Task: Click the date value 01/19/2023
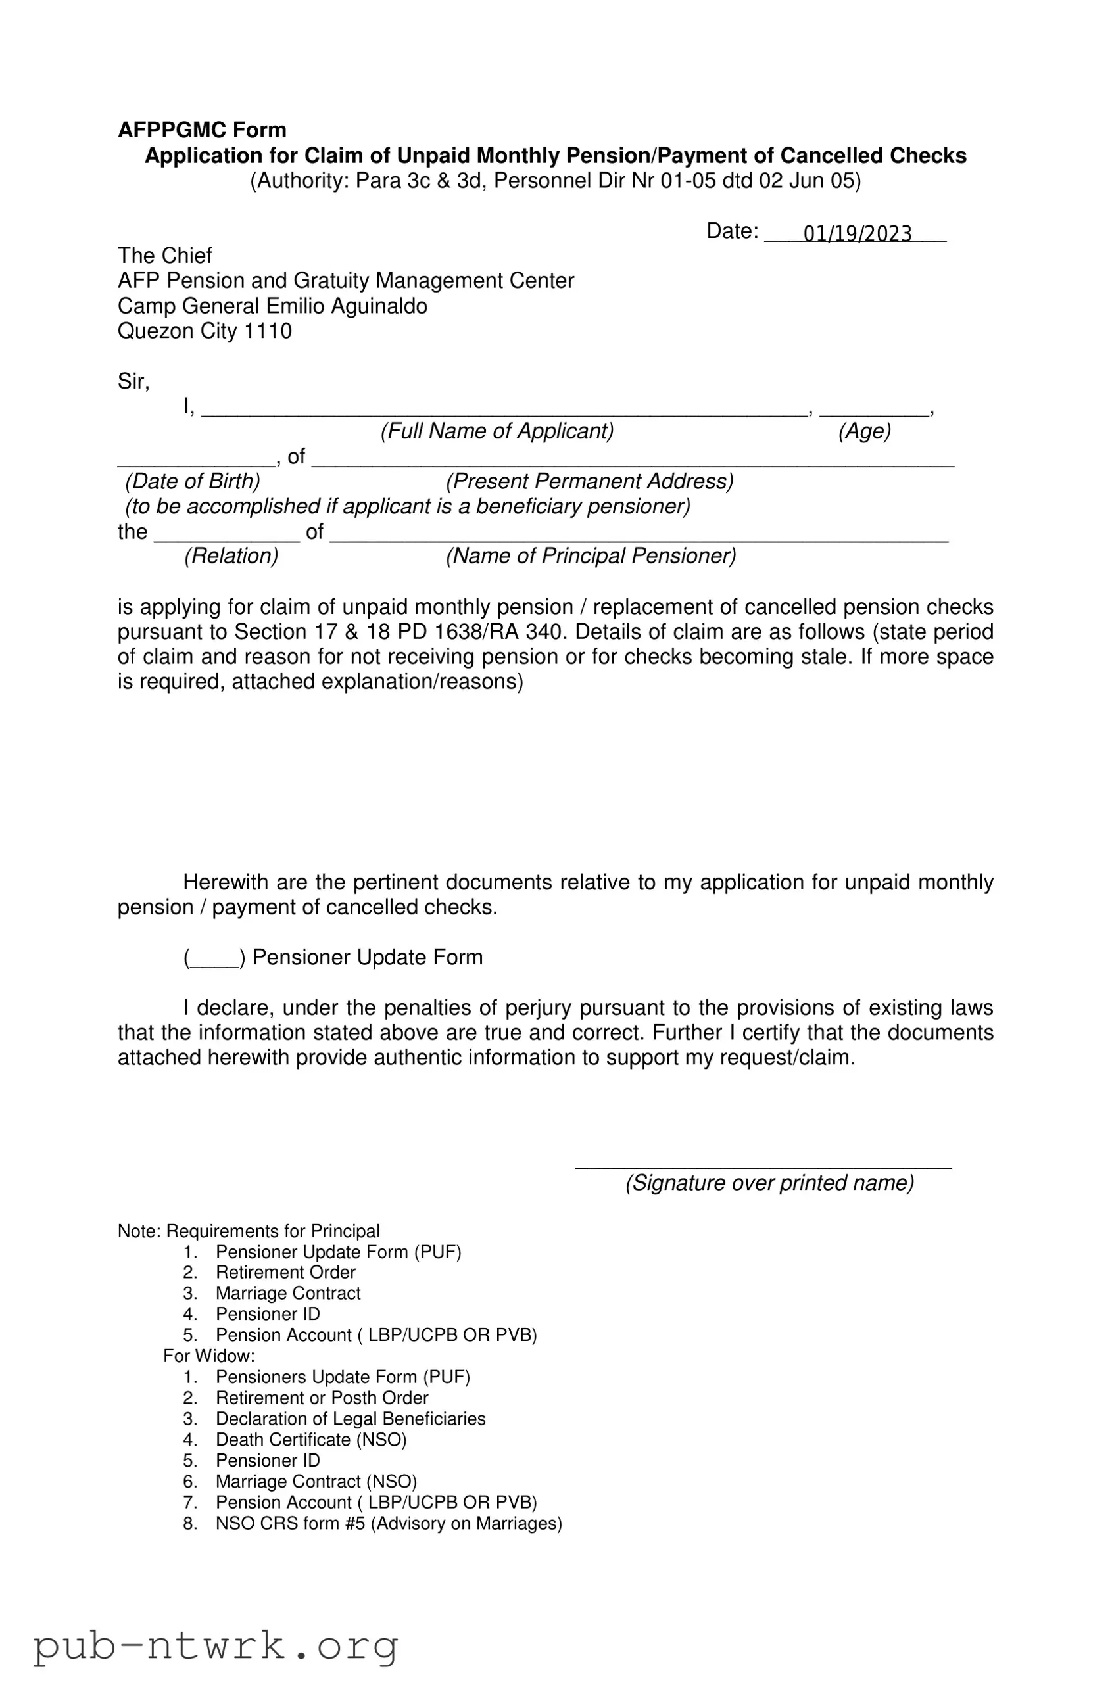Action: point(857,233)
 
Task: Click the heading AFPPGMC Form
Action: point(203,130)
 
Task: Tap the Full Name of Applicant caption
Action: point(496,431)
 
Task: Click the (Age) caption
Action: point(864,431)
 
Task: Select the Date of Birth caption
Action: point(193,481)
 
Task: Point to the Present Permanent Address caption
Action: point(590,481)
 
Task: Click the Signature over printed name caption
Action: point(769,1182)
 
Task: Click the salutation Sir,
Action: point(133,381)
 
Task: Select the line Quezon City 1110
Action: point(205,331)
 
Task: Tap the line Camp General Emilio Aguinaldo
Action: point(272,306)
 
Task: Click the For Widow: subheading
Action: point(208,1355)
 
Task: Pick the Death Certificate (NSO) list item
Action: point(311,1438)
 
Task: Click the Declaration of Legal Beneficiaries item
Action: point(351,1418)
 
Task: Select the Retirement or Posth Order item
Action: point(322,1397)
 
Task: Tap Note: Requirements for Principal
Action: point(248,1231)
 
